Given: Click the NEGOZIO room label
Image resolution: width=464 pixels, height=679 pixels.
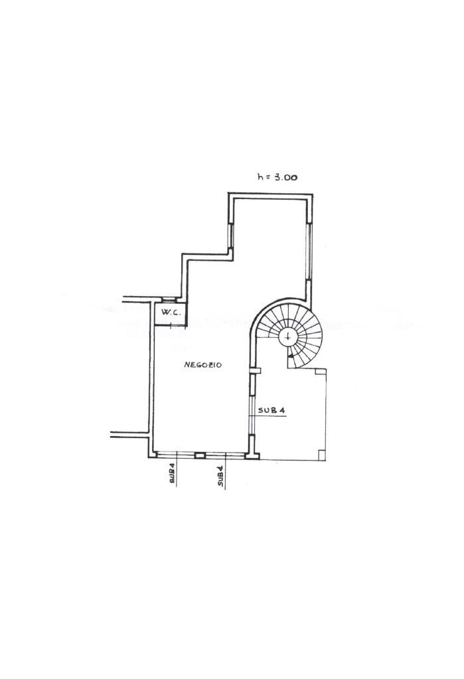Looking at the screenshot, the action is (x=202, y=365).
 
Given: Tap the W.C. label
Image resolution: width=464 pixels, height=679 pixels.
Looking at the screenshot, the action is (x=171, y=312).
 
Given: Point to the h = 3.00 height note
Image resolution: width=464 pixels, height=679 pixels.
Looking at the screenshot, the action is (x=277, y=177).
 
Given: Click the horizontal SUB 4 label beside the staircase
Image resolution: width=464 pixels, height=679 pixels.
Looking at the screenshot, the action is (x=271, y=410).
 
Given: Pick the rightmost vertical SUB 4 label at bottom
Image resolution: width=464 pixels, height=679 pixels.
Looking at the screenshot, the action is (x=220, y=477).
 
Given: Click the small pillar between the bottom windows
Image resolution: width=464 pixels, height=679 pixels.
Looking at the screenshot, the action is (x=200, y=455).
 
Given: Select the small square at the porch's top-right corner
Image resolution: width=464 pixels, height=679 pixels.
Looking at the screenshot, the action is (x=321, y=371).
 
